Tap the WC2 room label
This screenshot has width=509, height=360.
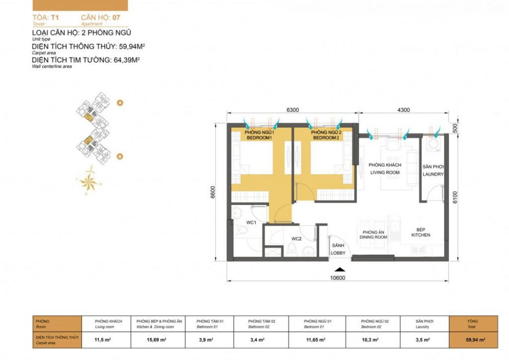pos(297,238)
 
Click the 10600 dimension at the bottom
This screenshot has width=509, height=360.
pos(338,278)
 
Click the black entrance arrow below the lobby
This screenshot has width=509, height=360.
pos(338,270)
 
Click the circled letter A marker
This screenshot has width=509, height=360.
pos(120,103)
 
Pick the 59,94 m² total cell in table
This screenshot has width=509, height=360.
pos(474,340)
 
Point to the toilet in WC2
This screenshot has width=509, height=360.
pos(292,249)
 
